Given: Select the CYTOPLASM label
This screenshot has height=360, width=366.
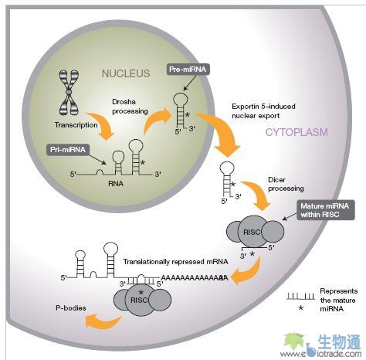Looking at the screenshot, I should tap(297, 132).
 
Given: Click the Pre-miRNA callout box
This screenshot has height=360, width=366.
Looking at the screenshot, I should tap(188, 70).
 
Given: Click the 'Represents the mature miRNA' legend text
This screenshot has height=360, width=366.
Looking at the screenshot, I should tap(335, 298).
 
